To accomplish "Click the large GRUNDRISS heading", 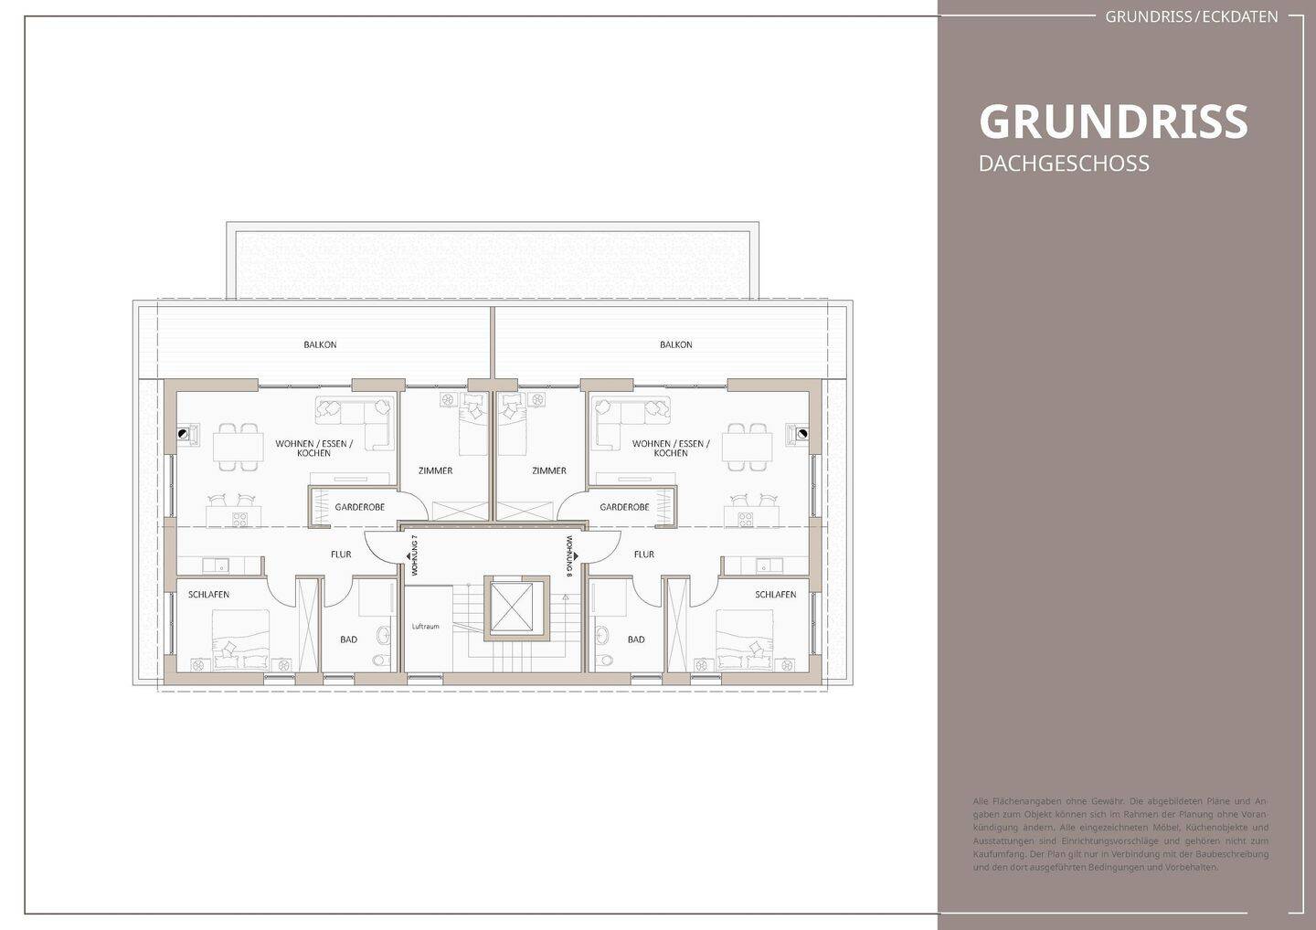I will coord(1112,122).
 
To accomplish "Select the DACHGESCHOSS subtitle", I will coord(1064,164).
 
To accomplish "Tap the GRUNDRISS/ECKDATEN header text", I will coord(1191,16).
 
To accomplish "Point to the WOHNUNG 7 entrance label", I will coord(414,555).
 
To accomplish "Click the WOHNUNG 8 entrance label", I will coord(569,555).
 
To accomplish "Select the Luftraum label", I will coord(426,627).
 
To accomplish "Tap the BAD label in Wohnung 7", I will coord(348,639).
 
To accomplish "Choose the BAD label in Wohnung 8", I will coord(636,639).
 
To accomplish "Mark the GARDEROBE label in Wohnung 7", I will coord(359,507).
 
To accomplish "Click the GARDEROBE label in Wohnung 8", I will coord(624,507).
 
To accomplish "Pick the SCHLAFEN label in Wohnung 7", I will coord(208,595).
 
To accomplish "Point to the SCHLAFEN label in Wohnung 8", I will coord(775,595).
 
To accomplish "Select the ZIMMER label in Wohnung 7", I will coord(435,471).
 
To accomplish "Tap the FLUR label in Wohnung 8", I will coord(643,555).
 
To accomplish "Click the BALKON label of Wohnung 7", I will coord(320,345).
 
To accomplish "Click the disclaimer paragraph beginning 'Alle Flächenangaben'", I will coord(1120,833).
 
